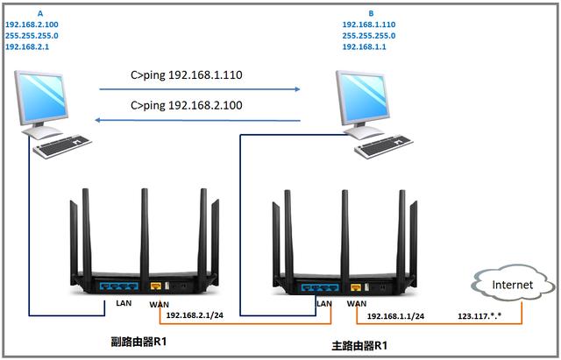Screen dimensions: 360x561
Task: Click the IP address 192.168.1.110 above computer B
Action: [x=368, y=25]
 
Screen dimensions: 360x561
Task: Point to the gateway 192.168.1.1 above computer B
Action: [x=365, y=48]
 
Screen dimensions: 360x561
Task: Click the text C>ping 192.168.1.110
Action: [x=186, y=76]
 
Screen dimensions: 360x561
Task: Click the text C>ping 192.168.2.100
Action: [x=186, y=106]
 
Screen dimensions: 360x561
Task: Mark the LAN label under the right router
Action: [x=323, y=303]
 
